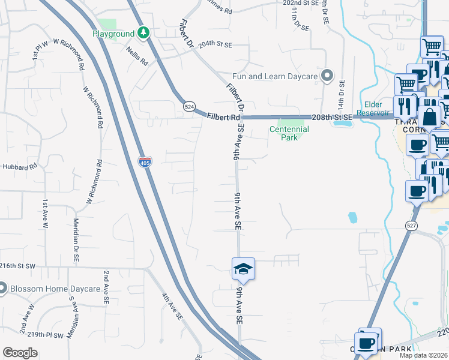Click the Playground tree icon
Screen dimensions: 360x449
(143, 34)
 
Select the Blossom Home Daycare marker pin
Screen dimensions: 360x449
(2, 289)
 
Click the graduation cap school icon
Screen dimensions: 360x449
(243, 269)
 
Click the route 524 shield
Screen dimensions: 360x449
(190, 106)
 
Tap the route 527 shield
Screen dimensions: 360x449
(411, 226)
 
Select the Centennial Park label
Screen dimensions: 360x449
(289, 133)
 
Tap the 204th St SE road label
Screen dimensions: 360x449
(215, 44)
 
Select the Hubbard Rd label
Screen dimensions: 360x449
(16, 166)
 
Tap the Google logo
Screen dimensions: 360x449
(20, 353)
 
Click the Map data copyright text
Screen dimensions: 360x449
(423, 355)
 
